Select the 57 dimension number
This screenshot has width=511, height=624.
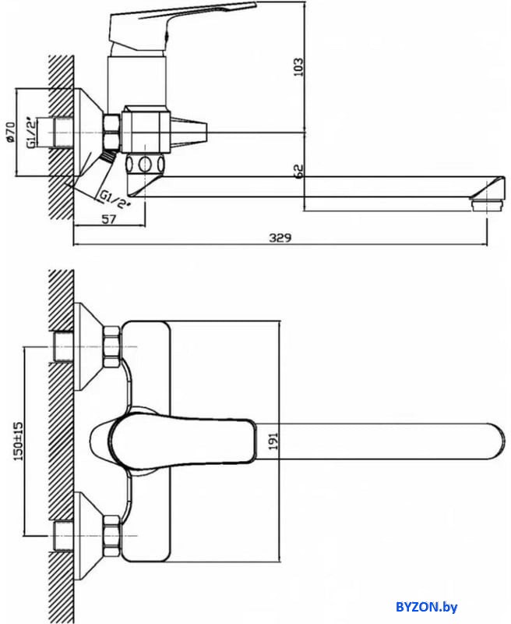click(109, 220)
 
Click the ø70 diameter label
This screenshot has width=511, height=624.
click(11, 131)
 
